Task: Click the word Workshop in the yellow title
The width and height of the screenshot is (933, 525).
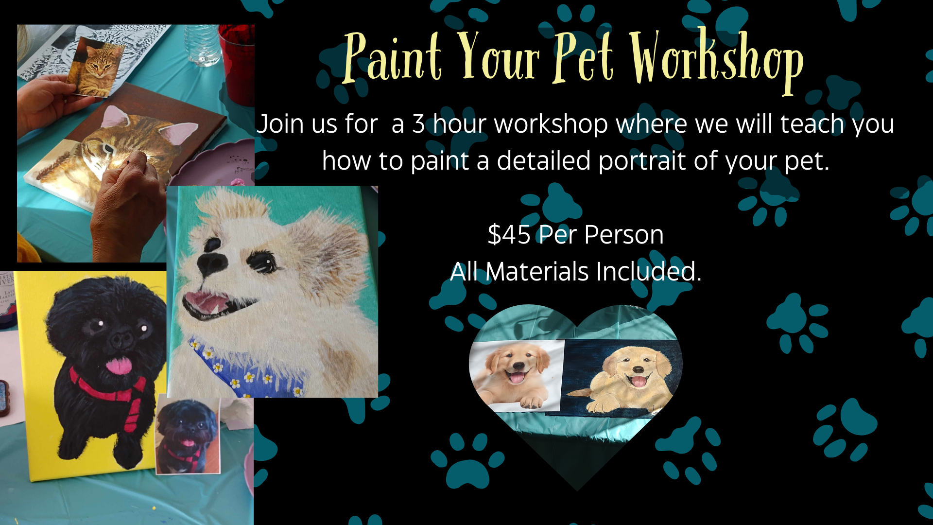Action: coord(717,61)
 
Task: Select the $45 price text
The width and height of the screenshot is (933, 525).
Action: coord(509,235)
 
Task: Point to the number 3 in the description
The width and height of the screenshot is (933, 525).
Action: coord(419,123)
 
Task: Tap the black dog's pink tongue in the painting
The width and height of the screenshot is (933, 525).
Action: coord(120,365)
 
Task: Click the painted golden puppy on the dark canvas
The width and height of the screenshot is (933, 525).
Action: coord(627,379)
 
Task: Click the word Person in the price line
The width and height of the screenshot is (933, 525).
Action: coord(623,235)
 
